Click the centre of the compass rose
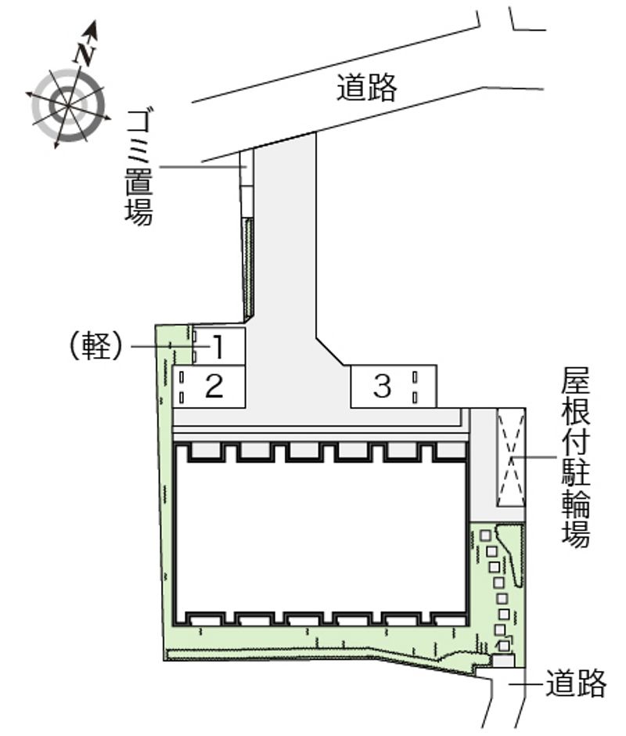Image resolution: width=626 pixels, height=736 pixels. [69, 106]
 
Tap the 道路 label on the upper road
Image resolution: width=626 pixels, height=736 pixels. [366, 88]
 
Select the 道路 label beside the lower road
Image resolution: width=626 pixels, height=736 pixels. [575, 683]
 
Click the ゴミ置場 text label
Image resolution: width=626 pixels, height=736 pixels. [139, 168]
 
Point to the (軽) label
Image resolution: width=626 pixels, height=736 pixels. [95, 346]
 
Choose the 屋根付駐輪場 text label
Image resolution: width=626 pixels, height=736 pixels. [576, 456]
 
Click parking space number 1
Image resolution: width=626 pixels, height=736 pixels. [218, 346]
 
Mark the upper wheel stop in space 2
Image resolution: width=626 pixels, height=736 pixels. [182, 377]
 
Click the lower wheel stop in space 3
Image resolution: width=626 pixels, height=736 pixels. [415, 398]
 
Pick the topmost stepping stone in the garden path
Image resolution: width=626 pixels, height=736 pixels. [486, 535]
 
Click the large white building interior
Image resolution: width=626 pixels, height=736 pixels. [322, 536]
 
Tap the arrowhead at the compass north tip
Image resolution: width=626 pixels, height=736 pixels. [92, 28]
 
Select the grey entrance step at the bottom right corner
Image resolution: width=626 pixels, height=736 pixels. [503, 660]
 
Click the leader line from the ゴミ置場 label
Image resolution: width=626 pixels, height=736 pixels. [203, 167]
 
